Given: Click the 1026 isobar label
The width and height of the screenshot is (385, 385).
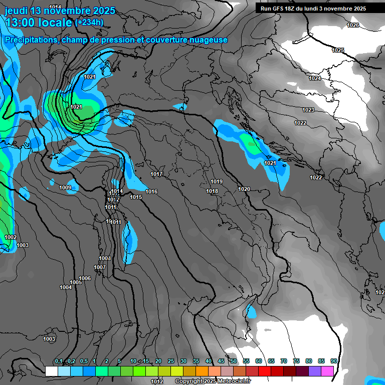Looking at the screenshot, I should coord(353,25).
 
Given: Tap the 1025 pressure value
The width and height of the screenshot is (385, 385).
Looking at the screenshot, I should coord(338,50).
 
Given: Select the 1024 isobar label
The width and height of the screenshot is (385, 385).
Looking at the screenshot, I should coord(315,79).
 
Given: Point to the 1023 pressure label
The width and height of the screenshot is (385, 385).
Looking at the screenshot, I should coord(308,110).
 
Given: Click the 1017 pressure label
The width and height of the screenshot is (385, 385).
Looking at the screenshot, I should coord(157,174).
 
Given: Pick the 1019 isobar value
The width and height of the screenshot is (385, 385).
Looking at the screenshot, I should coord(217,181).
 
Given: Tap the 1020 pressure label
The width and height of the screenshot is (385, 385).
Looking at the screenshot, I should coord(244,189).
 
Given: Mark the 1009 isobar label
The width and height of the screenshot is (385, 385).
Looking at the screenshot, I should coord(65,188).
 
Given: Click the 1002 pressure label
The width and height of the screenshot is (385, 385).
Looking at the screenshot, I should coord(11,237).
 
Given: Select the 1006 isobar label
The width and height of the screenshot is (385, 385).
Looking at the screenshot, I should coord(85,278).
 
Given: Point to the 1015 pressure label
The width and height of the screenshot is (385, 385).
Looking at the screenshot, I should coord(136,197).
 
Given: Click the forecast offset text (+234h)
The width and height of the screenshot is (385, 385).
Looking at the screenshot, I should coord(89,22).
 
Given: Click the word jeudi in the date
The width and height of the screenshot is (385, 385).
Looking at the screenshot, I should coord(17,11).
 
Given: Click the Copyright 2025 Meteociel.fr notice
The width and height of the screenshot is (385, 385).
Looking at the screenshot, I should coord(213,381).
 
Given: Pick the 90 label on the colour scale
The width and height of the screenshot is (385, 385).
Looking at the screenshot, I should coord(333,361).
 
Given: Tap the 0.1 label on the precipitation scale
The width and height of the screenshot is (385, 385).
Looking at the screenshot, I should coord(59,361).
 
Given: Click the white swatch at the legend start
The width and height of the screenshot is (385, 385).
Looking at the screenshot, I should coord(51,371).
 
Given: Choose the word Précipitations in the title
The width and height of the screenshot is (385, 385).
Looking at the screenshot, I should coord(31,40).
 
